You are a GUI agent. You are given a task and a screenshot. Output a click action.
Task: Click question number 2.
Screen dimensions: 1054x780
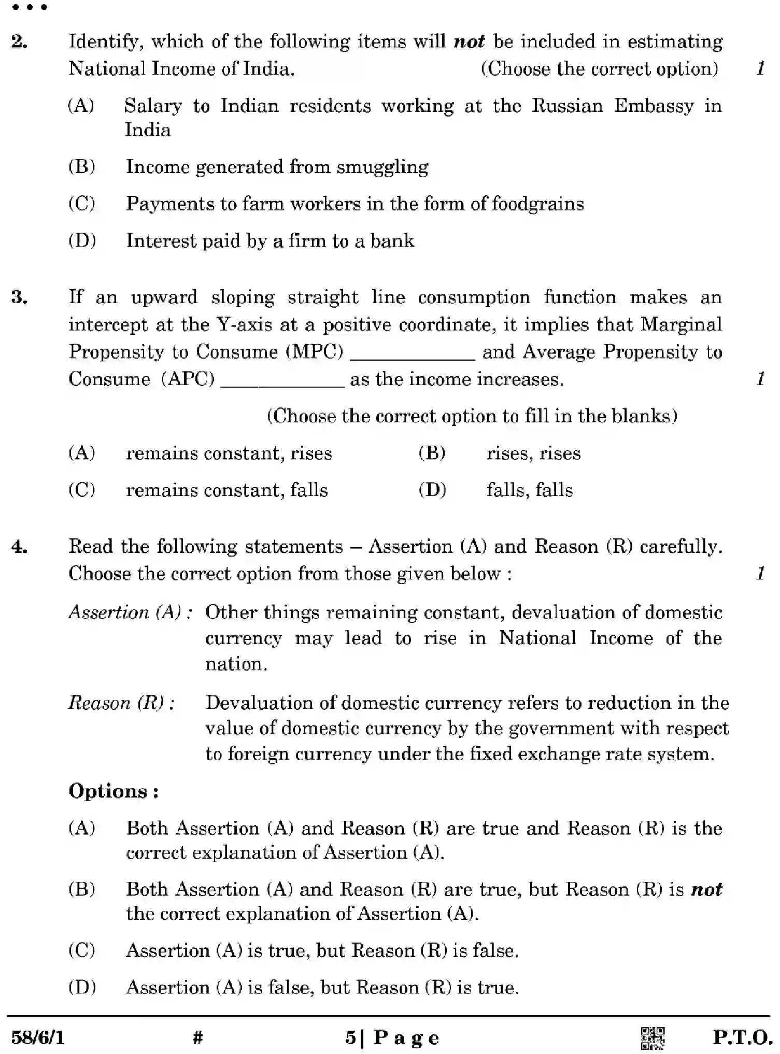coord(19,41)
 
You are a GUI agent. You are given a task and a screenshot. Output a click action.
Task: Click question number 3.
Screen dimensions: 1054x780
coord(19,297)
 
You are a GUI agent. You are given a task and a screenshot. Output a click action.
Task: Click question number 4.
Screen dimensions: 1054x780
coord(19,547)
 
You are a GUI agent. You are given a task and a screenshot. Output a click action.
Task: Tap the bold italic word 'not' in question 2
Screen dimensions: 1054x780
coord(469,41)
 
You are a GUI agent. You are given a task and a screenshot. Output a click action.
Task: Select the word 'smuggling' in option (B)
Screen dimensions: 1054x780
coord(382,167)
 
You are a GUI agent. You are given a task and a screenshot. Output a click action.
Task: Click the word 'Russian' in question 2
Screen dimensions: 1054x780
coord(567,106)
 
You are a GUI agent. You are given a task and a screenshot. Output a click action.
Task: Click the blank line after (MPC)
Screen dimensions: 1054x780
coord(413,358)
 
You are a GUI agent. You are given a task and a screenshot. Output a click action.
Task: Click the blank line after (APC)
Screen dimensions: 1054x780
coord(282,385)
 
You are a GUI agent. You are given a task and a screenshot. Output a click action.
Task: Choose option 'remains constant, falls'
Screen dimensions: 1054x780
coord(226,490)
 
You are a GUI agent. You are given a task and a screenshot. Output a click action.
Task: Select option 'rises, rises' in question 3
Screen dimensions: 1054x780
coord(533,453)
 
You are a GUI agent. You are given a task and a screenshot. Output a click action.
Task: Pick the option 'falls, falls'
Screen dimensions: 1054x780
coord(530,490)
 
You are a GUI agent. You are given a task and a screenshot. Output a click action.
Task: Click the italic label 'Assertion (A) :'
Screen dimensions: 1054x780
coord(131,613)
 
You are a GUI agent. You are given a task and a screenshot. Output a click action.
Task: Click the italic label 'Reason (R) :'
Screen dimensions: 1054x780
coord(121,703)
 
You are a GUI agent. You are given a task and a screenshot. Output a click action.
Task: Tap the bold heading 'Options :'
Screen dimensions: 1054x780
coord(114,791)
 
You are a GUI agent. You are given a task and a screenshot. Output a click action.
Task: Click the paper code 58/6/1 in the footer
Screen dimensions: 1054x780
coord(38,1037)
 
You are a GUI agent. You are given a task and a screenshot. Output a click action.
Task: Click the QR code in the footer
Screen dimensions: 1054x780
coord(653,1038)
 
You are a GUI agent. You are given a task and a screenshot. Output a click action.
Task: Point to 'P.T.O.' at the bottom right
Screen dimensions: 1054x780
coord(742,1037)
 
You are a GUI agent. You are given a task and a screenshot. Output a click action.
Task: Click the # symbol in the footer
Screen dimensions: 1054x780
coord(197,1037)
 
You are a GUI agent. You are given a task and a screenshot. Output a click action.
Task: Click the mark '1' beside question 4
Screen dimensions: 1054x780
coord(760,574)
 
